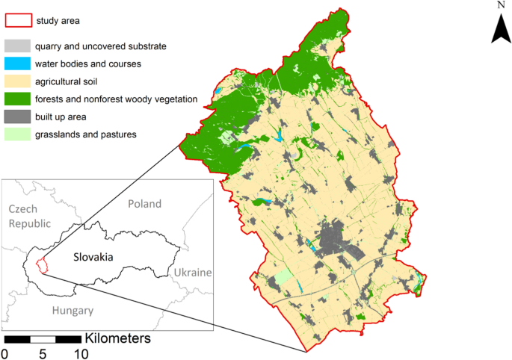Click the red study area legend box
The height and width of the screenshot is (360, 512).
19,20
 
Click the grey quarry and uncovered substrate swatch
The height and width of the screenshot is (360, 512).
19,46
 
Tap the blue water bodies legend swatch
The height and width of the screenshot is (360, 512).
19,63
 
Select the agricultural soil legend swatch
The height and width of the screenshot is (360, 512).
19,81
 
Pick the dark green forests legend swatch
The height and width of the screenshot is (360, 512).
19,99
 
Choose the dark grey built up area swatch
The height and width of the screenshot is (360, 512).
19,117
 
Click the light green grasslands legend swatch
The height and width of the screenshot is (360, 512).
19,134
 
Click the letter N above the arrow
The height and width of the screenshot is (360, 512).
501,5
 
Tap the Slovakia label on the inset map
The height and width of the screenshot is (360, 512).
93,256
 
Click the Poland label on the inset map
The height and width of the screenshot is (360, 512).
144,204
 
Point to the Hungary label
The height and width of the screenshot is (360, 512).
72,311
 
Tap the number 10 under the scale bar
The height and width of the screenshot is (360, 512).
80,353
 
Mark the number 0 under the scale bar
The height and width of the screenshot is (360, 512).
6,353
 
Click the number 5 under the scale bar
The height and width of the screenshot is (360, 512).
43,353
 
